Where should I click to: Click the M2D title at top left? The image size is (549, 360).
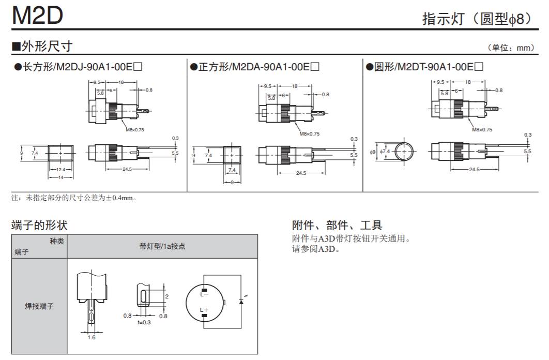coord(37,16)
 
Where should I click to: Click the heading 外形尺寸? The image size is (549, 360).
coord(47,46)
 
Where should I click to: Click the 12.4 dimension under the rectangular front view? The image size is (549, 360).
coord(60,170)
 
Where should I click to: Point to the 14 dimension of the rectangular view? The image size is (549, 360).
coord(60,177)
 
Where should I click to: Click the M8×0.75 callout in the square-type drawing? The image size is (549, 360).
coord(310,134)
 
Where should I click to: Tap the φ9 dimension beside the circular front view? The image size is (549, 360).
coord(372,152)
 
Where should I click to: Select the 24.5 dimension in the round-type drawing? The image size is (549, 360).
coord(474,170)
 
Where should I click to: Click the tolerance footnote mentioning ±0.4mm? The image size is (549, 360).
coord(74,198)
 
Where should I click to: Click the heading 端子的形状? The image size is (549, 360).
coord(39,225)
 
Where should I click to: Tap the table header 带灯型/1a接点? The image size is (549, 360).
coord(162,247)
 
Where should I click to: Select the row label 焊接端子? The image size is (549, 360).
coord(39,306)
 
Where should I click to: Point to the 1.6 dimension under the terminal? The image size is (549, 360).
coord(91,337)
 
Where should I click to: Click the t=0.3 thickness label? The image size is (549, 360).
coord(144,323)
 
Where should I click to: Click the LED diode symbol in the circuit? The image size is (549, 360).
coord(241,301)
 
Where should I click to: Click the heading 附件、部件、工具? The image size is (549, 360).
coord(337,225)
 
